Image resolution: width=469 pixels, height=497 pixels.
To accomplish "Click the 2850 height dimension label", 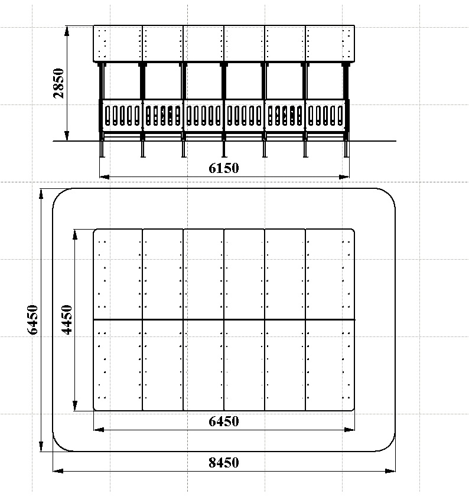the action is [58, 83].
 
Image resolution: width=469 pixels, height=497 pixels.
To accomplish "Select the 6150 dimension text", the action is [223, 168].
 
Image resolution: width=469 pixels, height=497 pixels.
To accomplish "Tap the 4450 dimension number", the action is [67, 319].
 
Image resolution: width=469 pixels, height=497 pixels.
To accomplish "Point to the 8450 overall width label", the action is [223, 463].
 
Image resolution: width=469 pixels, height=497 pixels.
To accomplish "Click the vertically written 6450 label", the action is [32, 319].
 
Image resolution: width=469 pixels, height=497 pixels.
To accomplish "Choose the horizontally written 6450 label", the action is [223, 421].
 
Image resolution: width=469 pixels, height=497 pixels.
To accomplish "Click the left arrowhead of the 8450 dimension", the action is [58, 470].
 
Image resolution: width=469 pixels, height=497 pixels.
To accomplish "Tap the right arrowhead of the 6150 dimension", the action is [344, 177].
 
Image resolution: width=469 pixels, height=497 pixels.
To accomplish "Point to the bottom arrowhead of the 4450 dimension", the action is [75, 406].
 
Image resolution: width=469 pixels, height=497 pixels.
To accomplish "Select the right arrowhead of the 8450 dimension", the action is [390, 470].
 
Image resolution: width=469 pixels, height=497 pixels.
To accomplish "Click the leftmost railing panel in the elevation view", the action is [122, 116].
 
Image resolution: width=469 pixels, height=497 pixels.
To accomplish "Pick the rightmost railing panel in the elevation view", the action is [325, 116].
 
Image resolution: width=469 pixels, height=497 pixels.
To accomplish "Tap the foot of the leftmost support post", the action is [102, 156].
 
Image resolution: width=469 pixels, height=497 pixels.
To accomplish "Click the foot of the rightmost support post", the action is [346, 156].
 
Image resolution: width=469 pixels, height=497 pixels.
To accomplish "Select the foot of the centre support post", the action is [224, 156].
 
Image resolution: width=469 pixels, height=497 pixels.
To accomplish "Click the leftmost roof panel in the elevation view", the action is [118, 44].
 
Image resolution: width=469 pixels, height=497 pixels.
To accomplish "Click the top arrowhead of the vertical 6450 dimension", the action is [41, 194].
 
